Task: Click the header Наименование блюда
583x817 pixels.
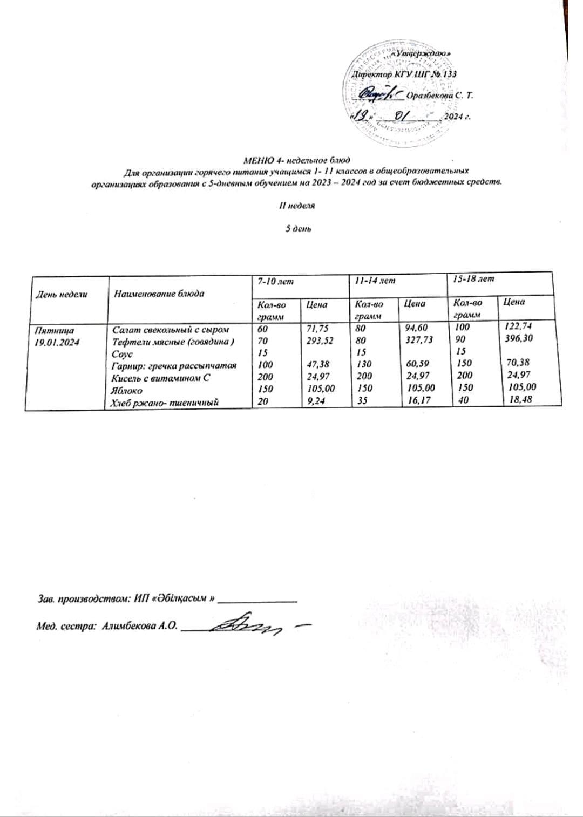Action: (x=159, y=294)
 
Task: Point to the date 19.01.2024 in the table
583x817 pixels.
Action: (x=56, y=342)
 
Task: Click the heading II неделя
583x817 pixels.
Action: (x=297, y=206)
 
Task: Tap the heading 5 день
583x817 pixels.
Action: (x=297, y=228)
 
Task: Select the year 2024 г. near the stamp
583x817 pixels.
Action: (x=457, y=117)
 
